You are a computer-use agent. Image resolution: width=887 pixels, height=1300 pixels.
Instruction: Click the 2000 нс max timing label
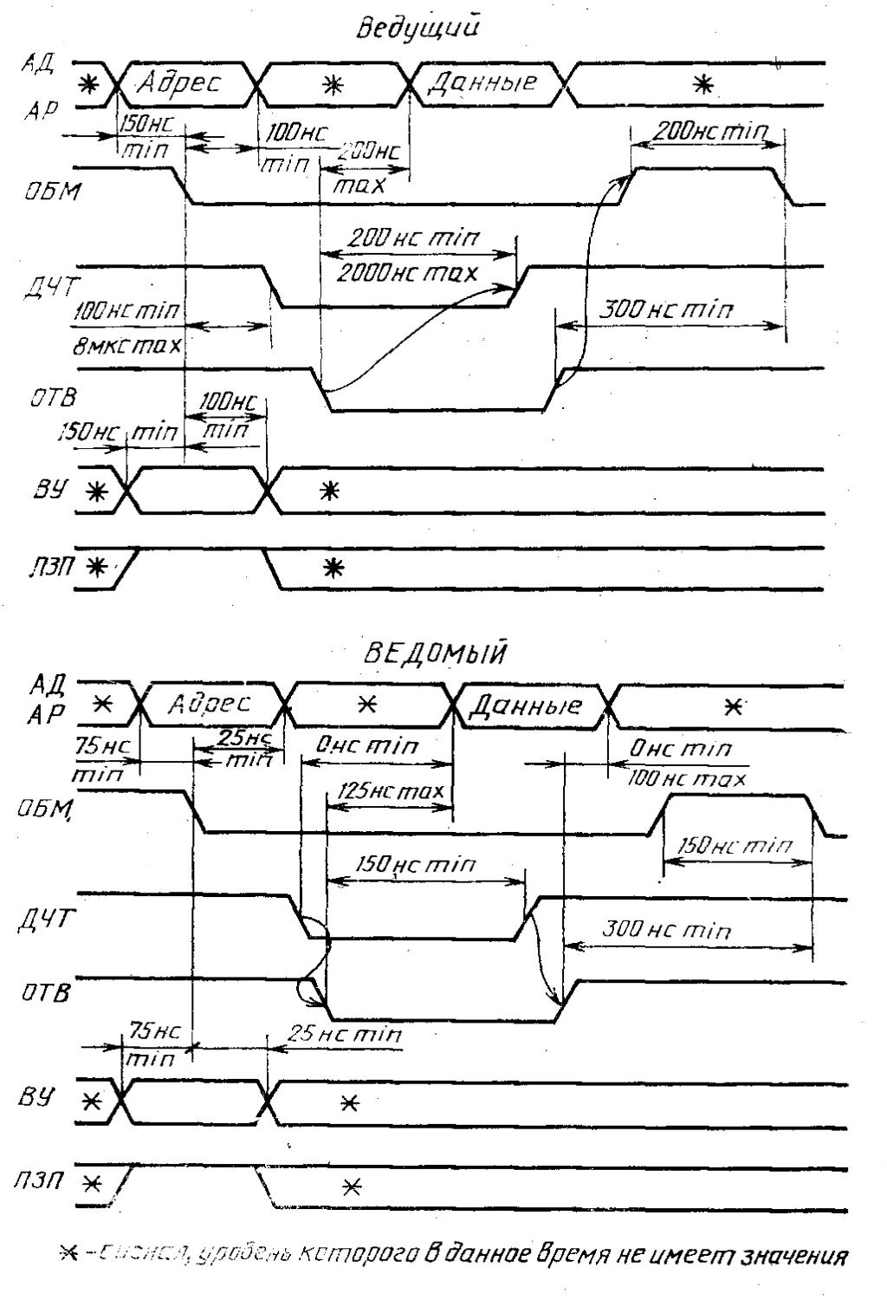coord(407,274)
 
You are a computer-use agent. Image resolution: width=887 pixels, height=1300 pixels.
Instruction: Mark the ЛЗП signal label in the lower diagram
coord(38,1181)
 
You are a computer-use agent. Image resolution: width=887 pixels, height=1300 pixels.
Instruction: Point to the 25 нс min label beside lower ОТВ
coord(345,1035)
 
